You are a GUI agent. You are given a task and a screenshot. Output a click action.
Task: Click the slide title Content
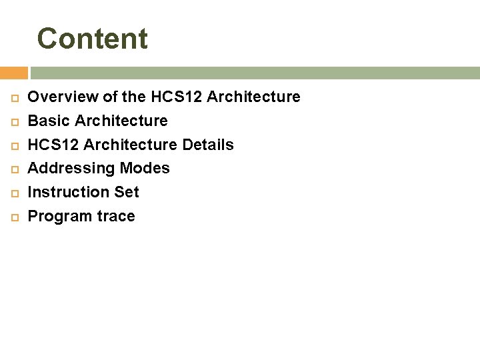(92, 39)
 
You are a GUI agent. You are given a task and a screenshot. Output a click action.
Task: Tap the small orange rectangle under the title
(13, 73)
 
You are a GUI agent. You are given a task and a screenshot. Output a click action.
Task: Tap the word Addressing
(71, 169)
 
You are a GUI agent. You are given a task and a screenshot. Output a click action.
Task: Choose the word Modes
(145, 169)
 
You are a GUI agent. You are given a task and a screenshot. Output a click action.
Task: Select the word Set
(127, 193)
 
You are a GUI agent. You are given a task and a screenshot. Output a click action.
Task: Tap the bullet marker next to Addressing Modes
(14, 169)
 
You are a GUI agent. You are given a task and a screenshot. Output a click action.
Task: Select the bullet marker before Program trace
(14, 217)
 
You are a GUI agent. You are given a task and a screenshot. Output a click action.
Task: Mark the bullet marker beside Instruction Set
(14, 193)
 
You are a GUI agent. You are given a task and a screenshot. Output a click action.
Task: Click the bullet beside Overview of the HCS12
(14, 98)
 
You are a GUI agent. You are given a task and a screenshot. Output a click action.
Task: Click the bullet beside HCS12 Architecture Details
(14, 145)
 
